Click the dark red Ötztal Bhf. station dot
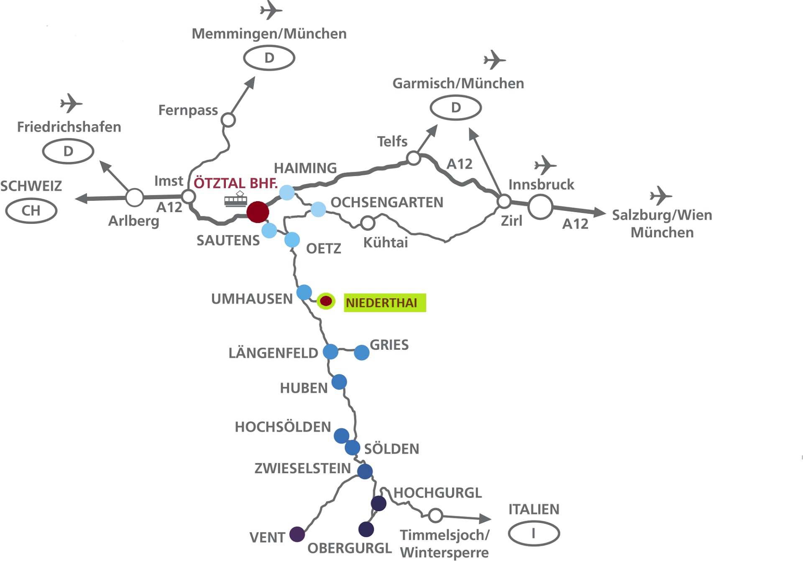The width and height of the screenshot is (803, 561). tap(258, 212)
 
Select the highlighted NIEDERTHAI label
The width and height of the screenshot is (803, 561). tap(385, 302)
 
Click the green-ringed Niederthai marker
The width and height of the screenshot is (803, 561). tap(326, 301)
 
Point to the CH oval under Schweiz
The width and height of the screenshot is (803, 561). tap(31, 211)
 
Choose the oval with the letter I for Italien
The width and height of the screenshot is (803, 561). tap(534, 533)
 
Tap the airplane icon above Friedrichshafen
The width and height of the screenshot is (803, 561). tap(71, 103)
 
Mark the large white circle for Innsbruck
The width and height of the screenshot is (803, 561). tap(540, 207)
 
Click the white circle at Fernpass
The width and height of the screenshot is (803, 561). tap(228, 120)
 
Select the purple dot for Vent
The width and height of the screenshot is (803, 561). tap(297, 534)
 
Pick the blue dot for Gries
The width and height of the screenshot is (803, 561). tap(361, 353)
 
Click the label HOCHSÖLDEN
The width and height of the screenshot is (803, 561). tap(283, 427)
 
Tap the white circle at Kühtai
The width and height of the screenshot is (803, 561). tap(368, 223)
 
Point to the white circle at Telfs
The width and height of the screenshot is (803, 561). tap(413, 158)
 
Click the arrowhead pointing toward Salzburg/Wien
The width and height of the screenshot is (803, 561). tap(600, 213)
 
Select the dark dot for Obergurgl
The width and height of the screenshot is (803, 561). tap(366, 529)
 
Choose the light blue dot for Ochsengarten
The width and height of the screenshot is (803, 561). tap(318, 209)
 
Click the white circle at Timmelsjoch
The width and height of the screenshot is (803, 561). tap(435, 515)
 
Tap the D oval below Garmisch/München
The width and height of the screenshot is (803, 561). tap(455, 108)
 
